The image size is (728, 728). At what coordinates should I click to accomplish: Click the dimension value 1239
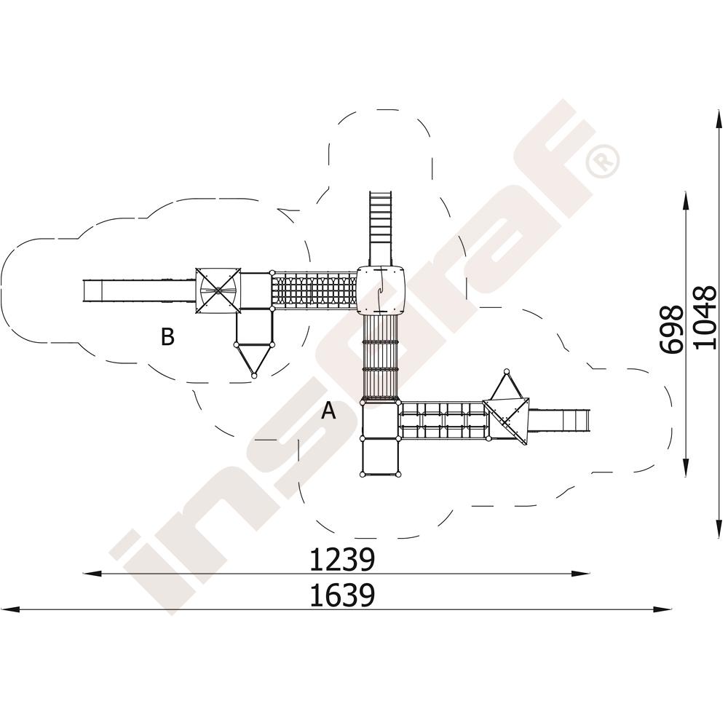coord(341,560)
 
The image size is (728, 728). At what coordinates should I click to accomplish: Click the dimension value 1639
coord(341,596)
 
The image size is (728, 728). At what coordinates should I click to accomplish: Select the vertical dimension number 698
coord(671,329)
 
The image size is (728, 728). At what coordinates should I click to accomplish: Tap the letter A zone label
coord(329,411)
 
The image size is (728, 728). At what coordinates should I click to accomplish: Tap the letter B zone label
coord(167,336)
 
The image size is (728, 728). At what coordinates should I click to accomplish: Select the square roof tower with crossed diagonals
coord(218,290)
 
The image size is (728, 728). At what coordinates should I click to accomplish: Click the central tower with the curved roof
coord(380,290)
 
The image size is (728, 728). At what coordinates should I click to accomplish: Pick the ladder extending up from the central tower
coord(381,229)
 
